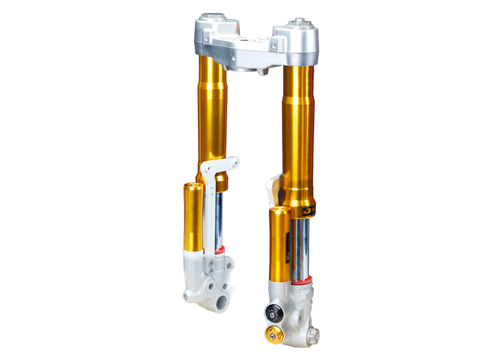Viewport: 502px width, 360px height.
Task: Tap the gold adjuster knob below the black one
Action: (272, 334)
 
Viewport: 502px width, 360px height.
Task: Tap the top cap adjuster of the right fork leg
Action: (300, 24)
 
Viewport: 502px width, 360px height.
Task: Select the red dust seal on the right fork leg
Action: (302, 283)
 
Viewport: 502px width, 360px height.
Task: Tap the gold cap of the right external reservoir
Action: (279, 210)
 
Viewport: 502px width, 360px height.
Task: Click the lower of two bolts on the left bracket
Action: (212, 272)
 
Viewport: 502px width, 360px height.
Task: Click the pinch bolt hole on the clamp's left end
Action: (205, 37)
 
